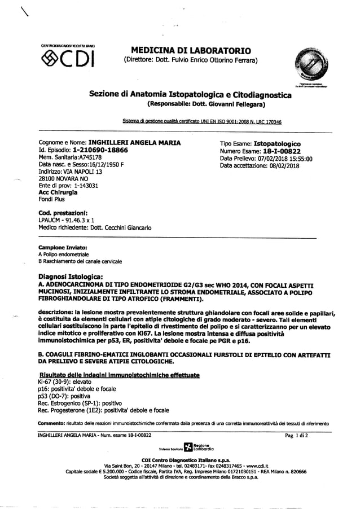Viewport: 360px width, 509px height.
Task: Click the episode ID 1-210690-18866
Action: click(92, 151)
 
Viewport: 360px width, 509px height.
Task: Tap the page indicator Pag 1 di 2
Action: click(298, 435)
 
